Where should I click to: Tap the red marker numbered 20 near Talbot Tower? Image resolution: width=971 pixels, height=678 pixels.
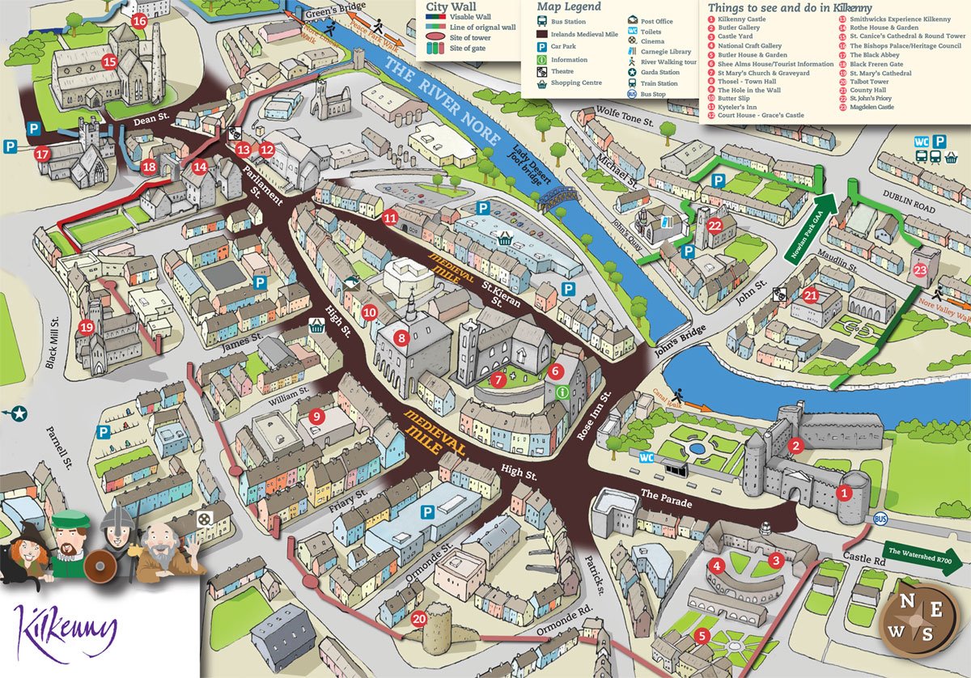click(x=418, y=619)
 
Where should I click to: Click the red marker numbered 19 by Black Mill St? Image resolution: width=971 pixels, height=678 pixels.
click(x=87, y=328)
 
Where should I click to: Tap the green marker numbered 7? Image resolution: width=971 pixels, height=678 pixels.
click(x=499, y=378)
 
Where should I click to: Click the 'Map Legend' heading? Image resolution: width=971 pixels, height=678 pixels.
click(x=569, y=6)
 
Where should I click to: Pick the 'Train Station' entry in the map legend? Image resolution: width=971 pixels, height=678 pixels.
click(x=659, y=83)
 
